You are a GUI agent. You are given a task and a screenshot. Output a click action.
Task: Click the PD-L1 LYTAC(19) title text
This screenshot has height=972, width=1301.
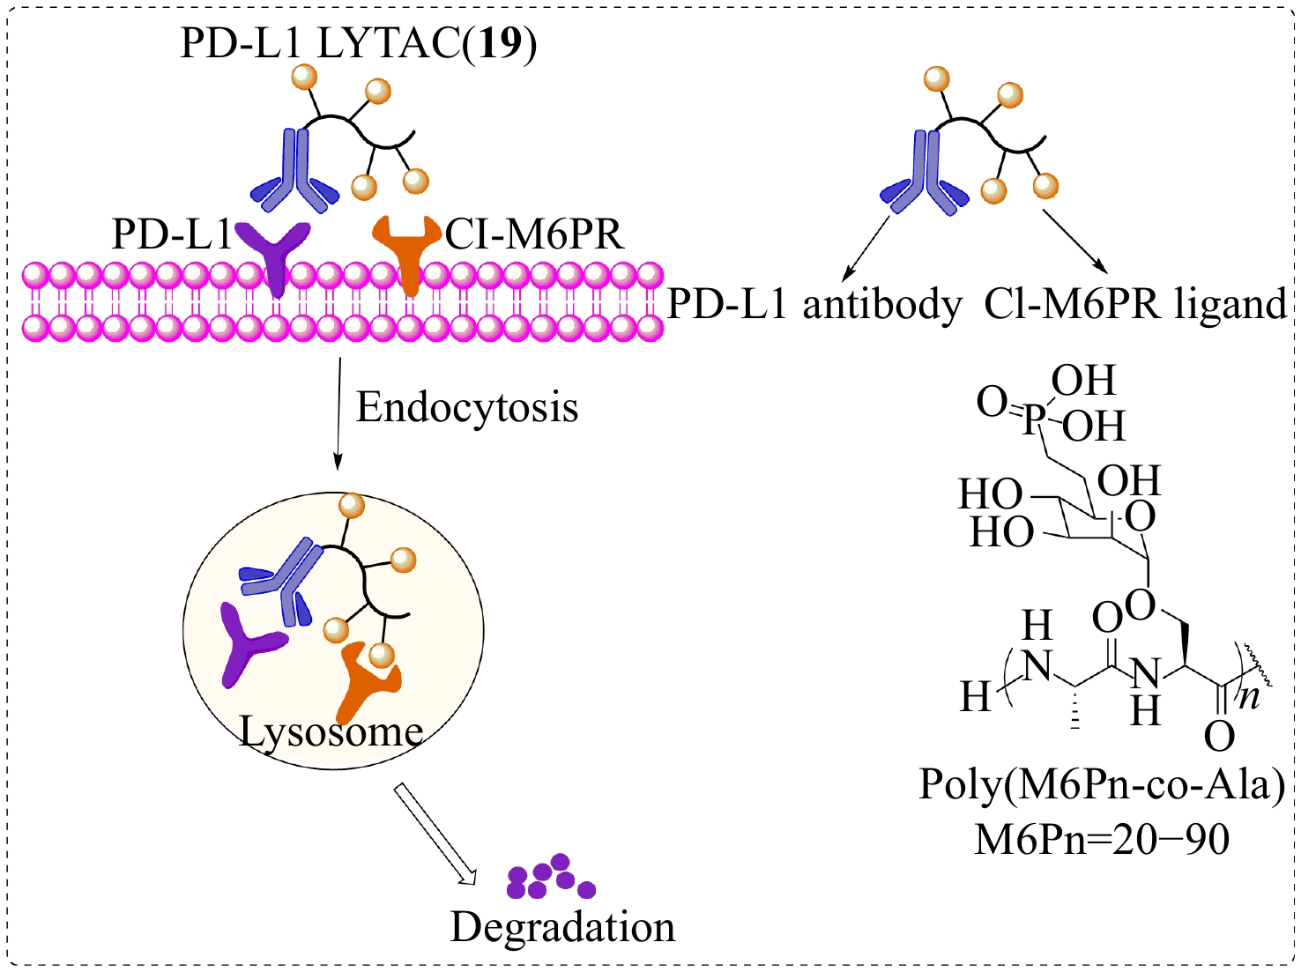358,43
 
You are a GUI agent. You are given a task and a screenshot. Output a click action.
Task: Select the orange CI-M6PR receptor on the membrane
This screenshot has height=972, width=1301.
406,250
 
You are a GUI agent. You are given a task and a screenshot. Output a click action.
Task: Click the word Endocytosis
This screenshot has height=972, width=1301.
467,408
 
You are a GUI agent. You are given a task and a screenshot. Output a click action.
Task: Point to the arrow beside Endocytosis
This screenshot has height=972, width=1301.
338,414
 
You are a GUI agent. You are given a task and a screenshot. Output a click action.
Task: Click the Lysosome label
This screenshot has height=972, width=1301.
331,731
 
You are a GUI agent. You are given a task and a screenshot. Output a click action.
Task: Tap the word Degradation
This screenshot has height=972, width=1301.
562,928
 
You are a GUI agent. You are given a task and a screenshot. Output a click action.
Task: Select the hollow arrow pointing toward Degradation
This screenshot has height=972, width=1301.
434,833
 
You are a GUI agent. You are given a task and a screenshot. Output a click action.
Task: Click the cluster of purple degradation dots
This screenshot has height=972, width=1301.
550,877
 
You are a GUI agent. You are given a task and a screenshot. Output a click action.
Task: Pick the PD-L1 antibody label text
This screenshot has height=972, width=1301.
814,305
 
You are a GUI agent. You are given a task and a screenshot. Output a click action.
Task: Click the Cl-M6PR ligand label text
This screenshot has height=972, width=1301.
1135,305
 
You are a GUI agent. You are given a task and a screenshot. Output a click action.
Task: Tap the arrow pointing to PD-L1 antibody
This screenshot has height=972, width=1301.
867,246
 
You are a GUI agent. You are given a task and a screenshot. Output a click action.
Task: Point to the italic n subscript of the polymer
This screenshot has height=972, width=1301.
1249,697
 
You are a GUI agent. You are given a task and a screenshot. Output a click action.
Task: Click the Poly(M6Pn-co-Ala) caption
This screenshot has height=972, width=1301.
1102,784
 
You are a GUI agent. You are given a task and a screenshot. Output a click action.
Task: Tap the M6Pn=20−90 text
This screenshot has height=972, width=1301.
1102,839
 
